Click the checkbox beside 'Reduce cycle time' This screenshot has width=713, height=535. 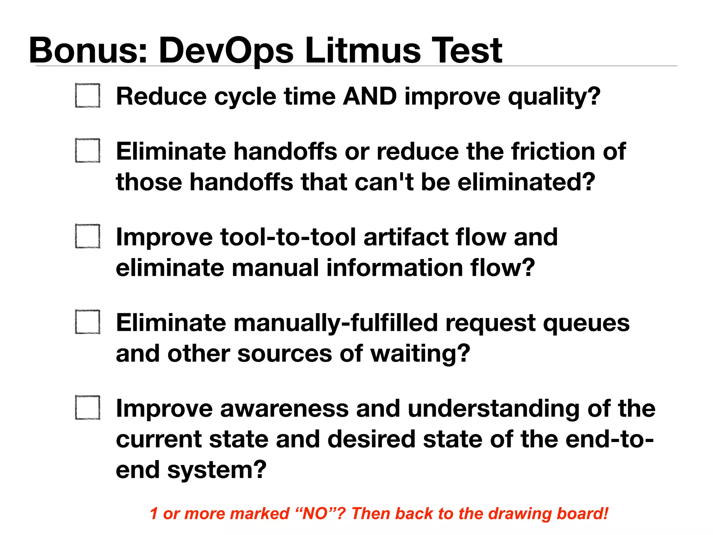88,95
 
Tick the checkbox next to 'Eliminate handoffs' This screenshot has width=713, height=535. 88,150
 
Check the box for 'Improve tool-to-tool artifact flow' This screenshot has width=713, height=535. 88,236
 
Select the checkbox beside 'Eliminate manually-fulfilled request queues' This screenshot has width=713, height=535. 88,322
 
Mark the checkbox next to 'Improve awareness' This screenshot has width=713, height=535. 88,408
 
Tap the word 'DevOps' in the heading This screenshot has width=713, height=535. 226,51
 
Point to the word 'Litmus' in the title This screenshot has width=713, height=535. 362,51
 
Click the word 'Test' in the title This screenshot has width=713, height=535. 467,51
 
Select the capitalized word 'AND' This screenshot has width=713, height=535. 370,96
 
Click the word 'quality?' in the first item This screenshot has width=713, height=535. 554,97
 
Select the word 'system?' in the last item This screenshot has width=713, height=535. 217,470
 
